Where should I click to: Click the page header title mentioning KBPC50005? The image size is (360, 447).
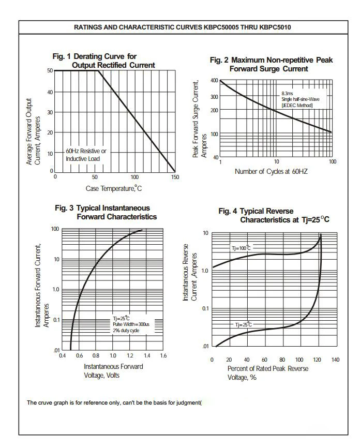[183, 27]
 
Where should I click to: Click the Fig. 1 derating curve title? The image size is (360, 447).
[103, 61]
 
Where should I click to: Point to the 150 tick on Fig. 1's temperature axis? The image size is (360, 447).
[175, 177]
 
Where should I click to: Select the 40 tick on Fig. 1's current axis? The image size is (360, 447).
[50, 92]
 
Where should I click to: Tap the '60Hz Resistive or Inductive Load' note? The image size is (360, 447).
[86, 155]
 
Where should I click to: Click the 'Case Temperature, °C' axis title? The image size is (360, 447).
[113, 188]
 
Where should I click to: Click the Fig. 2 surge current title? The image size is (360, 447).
[271, 65]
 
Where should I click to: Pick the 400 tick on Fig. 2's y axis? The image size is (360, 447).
[214, 80]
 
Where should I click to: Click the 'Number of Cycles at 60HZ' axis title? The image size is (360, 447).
[271, 171]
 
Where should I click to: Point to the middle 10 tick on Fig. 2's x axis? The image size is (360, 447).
[277, 161]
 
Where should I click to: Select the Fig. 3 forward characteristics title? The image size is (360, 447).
[106, 213]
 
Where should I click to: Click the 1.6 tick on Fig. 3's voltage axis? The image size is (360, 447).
[163, 355]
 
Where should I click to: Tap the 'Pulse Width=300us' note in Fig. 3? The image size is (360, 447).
[131, 324]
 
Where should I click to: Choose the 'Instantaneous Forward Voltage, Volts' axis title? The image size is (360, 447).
[113, 371]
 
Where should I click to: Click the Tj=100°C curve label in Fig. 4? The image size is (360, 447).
[241, 248]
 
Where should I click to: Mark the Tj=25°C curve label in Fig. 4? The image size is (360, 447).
[244, 324]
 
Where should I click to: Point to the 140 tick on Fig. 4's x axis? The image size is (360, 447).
[335, 360]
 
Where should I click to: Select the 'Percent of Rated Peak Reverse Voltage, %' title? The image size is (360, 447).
[268, 373]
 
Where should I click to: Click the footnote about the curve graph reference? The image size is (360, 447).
[114, 403]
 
